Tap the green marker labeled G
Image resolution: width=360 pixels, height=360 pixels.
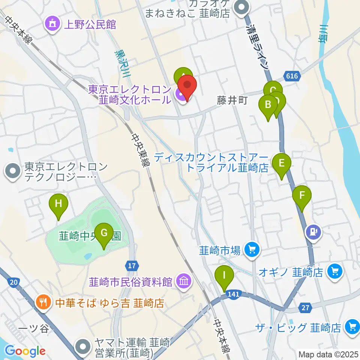(x=103, y=234)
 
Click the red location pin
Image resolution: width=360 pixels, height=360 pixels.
(x=187, y=87)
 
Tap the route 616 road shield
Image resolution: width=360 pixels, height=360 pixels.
(x=293, y=76)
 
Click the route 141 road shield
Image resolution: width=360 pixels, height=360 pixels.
(x=233, y=296)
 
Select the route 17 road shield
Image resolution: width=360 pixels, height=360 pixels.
(x=131, y=266)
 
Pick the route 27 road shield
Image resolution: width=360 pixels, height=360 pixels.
(x=305, y=308)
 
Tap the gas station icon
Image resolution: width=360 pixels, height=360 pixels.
(x=314, y=231)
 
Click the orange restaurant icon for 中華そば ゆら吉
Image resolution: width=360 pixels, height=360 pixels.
(x=43, y=302)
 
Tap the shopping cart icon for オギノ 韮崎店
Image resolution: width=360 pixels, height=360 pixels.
(x=335, y=271)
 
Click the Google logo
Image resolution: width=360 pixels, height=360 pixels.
(x=25, y=351)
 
